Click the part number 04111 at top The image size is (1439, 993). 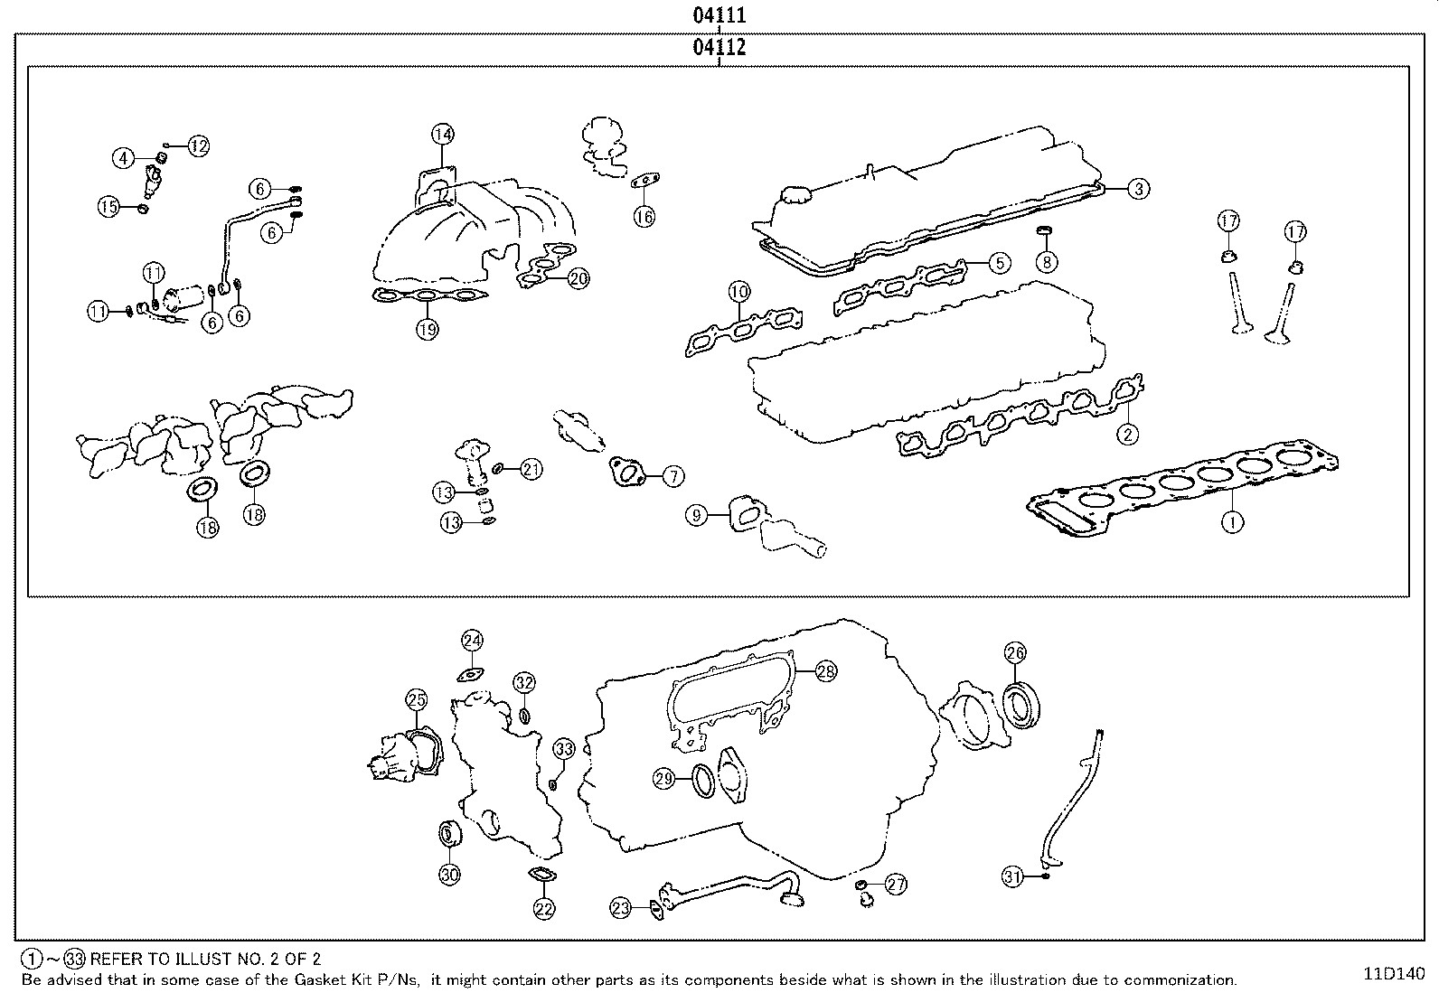click(x=719, y=15)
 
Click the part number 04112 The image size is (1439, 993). click(x=719, y=48)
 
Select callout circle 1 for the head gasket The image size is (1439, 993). click(x=1233, y=521)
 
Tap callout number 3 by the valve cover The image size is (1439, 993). click(x=1139, y=188)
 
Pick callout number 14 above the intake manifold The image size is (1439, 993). click(x=441, y=135)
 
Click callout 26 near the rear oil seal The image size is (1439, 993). click(x=1015, y=652)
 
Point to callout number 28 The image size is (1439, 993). click(x=825, y=670)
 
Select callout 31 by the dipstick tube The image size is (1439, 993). click(x=1013, y=876)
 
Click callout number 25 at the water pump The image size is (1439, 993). click(x=416, y=698)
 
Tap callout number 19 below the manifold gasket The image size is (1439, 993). click(x=428, y=329)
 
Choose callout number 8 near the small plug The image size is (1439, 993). click(x=1046, y=262)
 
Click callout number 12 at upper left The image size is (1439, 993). click(x=198, y=145)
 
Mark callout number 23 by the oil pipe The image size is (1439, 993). click(x=620, y=909)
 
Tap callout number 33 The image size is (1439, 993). click(x=563, y=749)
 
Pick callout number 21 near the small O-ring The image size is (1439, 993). click(x=531, y=469)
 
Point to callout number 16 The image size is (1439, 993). click(x=644, y=216)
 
